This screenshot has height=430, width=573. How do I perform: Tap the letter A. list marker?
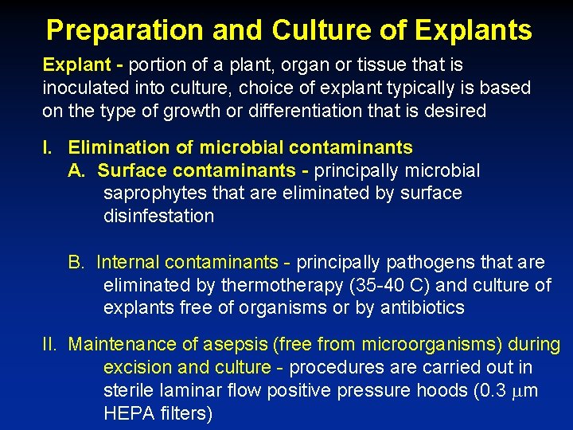click(76, 170)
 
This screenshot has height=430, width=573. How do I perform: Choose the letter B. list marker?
click(76, 262)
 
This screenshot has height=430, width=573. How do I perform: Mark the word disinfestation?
click(158, 216)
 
